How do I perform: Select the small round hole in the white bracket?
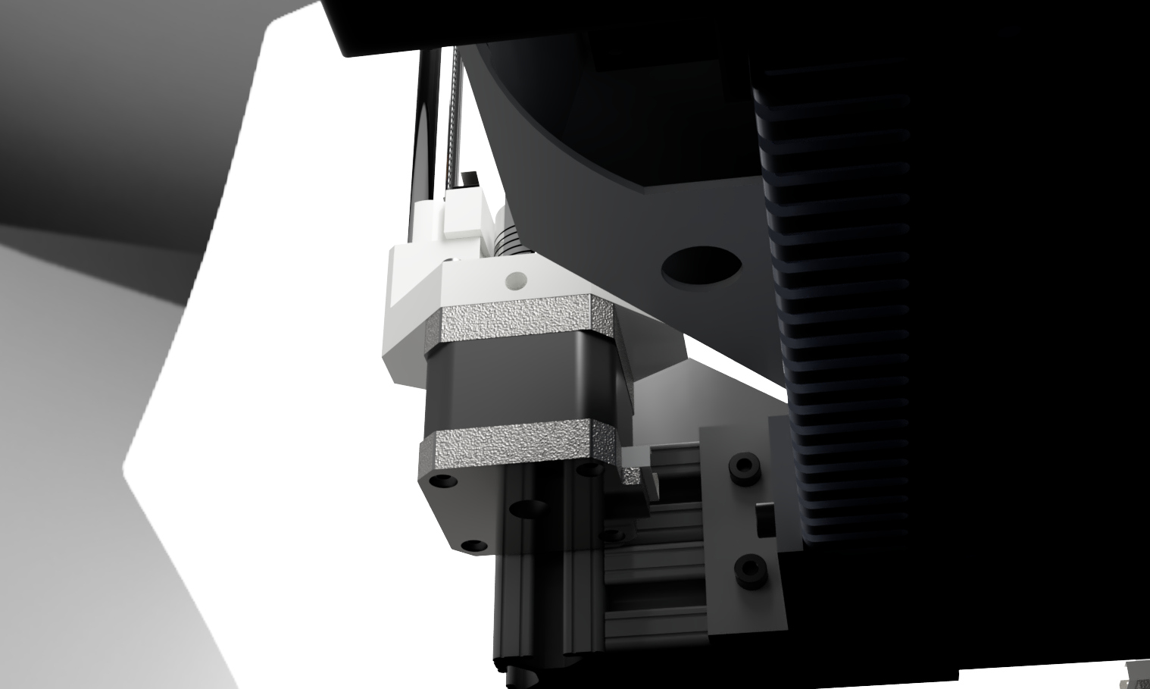pyautogui.click(x=516, y=281)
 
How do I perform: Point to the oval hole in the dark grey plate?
pyautogui.click(x=701, y=266)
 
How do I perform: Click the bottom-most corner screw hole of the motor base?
pyautogui.click(x=473, y=545)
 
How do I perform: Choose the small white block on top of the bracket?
pyautogui.click(x=461, y=213)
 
